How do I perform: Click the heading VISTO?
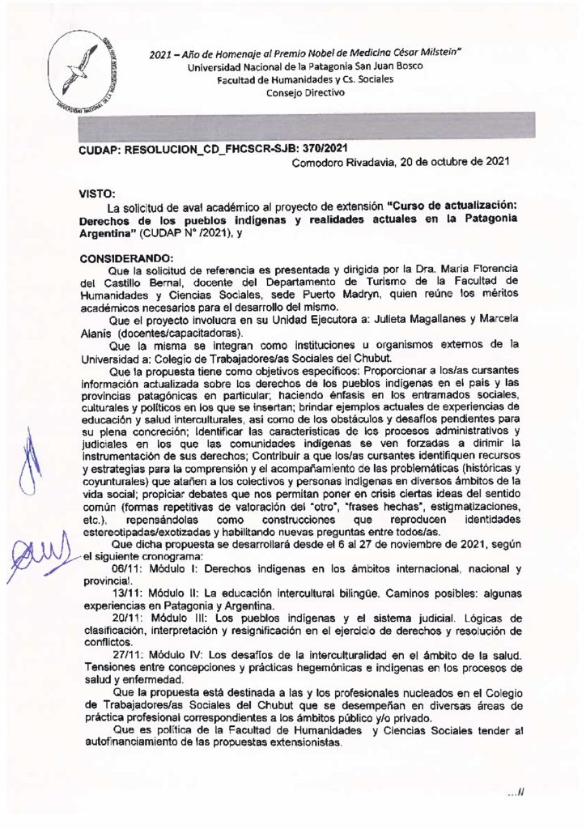(98, 194)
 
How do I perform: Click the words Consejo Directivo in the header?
(305, 92)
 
